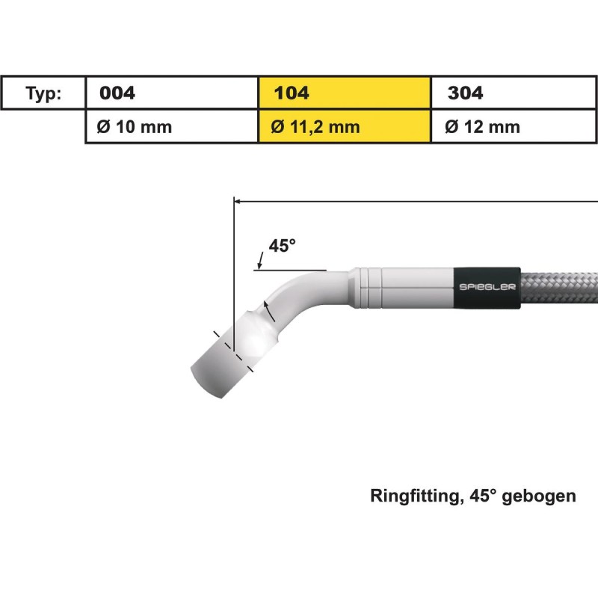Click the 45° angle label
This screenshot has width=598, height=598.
coord(283,246)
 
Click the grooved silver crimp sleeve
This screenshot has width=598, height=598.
coord(404,287)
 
